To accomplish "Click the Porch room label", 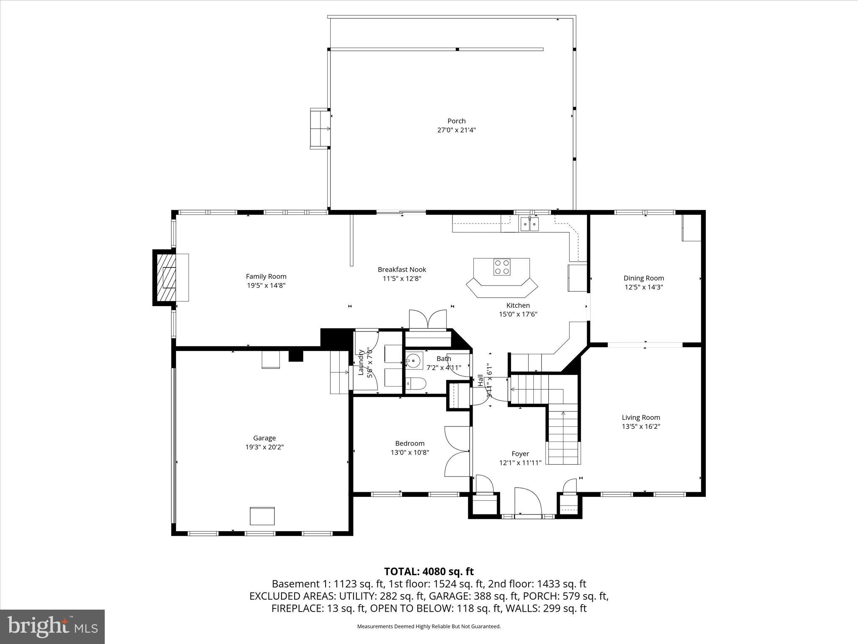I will [x=456, y=121].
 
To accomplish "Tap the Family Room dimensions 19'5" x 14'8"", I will [x=266, y=286].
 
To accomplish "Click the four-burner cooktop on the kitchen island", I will [x=501, y=267].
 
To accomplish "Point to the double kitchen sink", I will [x=530, y=224].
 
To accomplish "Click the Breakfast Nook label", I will [x=402, y=270].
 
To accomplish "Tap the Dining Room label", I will [x=643, y=278].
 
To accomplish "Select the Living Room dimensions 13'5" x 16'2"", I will [x=641, y=426].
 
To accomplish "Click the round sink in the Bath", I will [x=413, y=361].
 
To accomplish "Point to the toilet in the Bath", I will [x=417, y=383].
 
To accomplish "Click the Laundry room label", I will [x=361, y=362].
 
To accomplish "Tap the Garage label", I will [x=264, y=438].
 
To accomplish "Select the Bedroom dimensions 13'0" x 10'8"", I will [x=410, y=452].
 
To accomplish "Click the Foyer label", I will [x=520, y=454].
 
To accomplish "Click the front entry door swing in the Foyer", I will [x=527, y=501].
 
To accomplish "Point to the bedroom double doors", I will [x=457, y=452].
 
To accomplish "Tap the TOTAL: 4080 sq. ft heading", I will [x=429, y=571].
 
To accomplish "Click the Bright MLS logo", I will [x=52, y=626].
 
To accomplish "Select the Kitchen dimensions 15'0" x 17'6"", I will [x=518, y=314].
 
